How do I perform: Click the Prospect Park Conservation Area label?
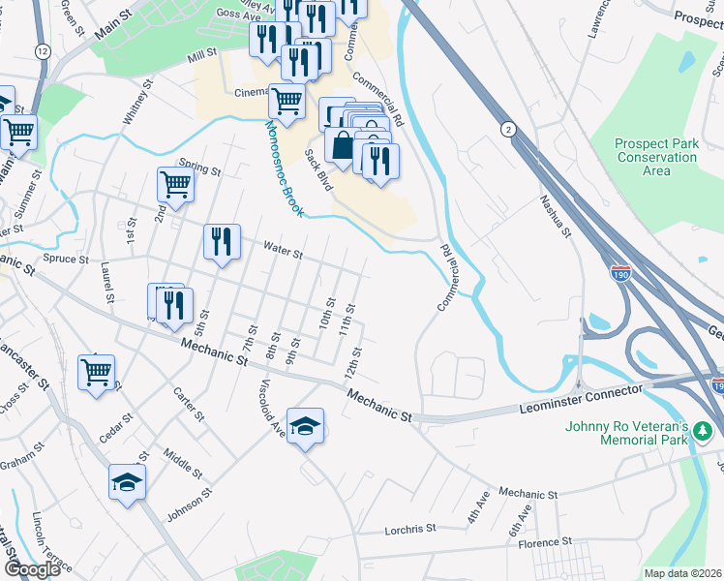[x=656, y=157]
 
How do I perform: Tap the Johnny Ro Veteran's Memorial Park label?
[x=641, y=432]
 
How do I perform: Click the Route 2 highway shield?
[x=506, y=129]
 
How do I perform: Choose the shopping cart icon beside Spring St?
[x=175, y=183]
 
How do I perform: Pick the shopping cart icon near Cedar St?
[x=97, y=372]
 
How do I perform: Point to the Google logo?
[x=32, y=569]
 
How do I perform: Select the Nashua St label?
[x=556, y=219]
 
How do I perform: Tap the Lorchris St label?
[x=409, y=530]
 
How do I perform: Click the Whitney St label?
[x=136, y=103]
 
